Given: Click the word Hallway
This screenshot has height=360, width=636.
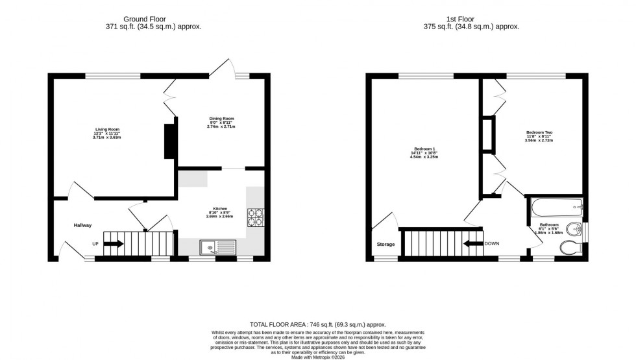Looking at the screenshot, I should click(82, 225).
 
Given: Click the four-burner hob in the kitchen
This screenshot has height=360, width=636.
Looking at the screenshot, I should click(254, 217).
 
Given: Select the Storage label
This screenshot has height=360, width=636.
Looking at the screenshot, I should click(385, 245).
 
